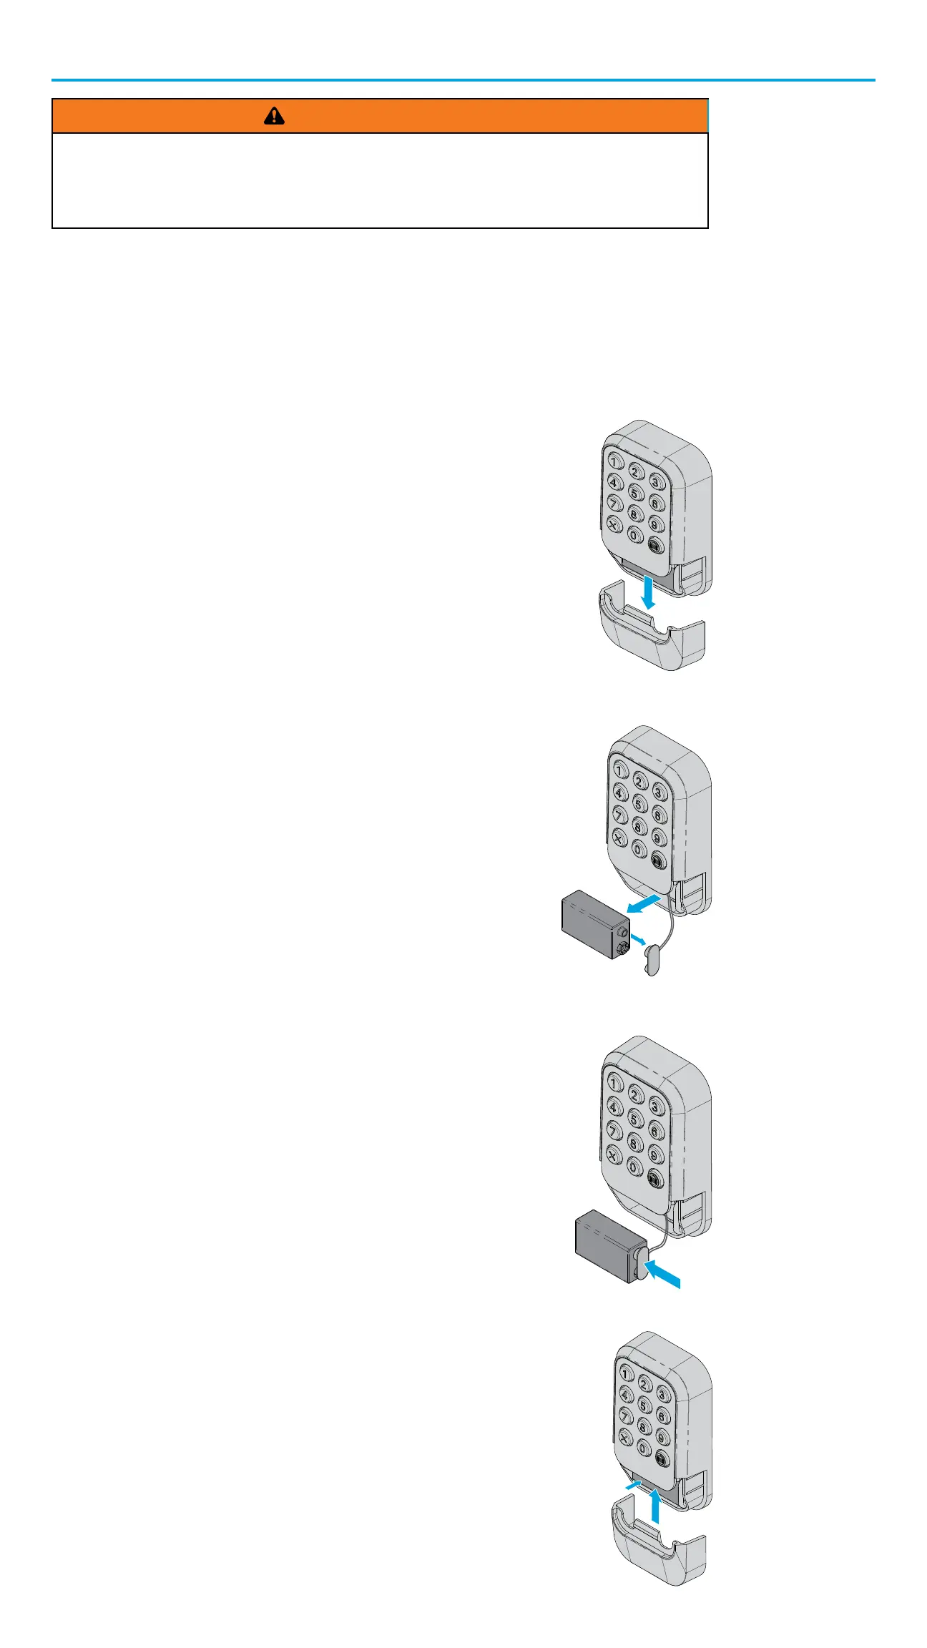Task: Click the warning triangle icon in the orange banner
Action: coord(274,116)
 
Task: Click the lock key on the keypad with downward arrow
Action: coord(655,546)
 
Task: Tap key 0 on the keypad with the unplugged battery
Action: coord(639,850)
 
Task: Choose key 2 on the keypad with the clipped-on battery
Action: coord(636,1094)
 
